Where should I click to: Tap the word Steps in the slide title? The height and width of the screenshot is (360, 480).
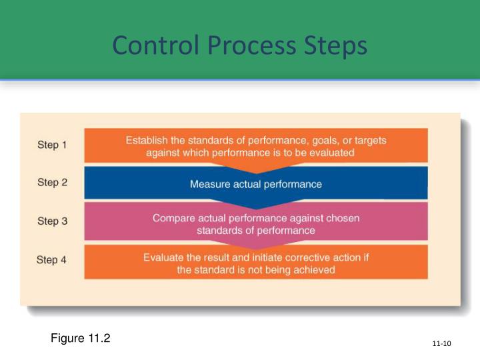pyautogui.click(x=336, y=46)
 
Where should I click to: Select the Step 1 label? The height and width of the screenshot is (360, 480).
pyautogui.click(x=52, y=145)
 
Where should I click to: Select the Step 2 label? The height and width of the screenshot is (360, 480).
pyautogui.click(x=52, y=182)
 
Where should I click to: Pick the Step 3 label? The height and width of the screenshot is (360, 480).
pyautogui.click(x=52, y=221)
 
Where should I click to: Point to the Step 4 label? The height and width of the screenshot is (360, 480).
pyautogui.click(x=52, y=261)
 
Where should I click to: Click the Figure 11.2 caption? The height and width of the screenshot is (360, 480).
pyautogui.click(x=80, y=338)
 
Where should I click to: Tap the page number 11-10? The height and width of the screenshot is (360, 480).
pyautogui.click(x=441, y=343)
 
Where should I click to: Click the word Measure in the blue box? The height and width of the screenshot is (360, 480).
pyautogui.click(x=208, y=184)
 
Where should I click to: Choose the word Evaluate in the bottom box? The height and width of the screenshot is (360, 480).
pyautogui.click(x=164, y=258)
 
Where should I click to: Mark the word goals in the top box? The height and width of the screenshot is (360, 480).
pyautogui.click(x=317, y=141)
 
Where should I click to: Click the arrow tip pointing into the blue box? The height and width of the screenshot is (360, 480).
pyautogui.click(x=256, y=171)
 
